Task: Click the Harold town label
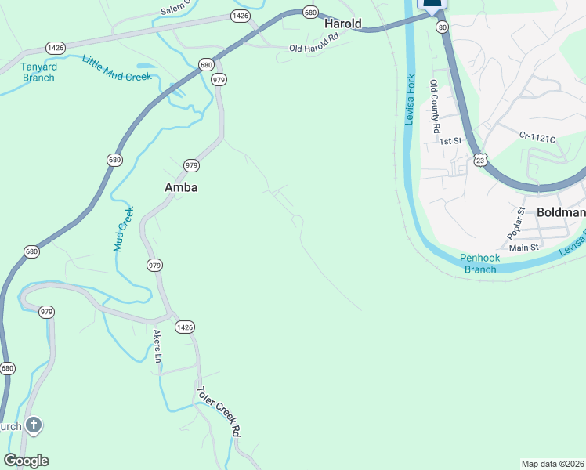coord(343,24)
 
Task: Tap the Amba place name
coord(180,187)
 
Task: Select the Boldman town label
coord(561,212)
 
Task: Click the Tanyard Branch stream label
coord(38,72)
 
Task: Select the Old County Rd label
coord(436,106)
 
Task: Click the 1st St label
coord(450,142)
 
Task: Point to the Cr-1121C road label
coord(537,138)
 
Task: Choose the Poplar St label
coord(515,223)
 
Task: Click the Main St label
coord(524,248)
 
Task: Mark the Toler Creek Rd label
coord(218,411)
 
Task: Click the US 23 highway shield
coord(481,159)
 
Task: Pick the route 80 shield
coord(443,27)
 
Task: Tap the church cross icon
coord(33,426)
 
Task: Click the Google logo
coord(26,461)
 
